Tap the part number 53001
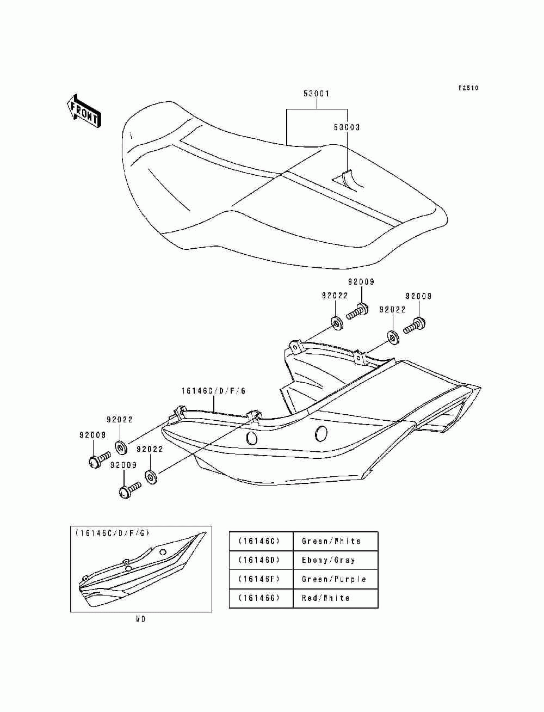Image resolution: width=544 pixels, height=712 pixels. pyautogui.click(x=316, y=94)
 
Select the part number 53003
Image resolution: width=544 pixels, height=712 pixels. pyautogui.click(x=347, y=127)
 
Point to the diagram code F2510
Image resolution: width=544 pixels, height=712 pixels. pyautogui.click(x=468, y=88)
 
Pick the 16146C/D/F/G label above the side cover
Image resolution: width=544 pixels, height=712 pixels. pyautogui.click(x=213, y=391)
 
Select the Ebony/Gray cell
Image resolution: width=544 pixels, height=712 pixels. pyautogui.click(x=328, y=560)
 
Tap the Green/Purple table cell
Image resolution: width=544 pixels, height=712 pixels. pyautogui.click(x=333, y=579)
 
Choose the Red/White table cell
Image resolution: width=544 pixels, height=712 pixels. pyautogui.click(x=325, y=598)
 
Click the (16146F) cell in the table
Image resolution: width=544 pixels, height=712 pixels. pyautogui.click(x=259, y=579)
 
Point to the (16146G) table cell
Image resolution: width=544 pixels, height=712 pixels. pyautogui.click(x=259, y=598)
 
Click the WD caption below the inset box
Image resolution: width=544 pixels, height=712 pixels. pyautogui.click(x=140, y=619)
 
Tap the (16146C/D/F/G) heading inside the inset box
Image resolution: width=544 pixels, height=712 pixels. pyautogui.click(x=113, y=533)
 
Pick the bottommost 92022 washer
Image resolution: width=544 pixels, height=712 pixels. pyautogui.click(x=151, y=477)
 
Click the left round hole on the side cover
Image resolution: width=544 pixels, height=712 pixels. pyautogui.click(x=252, y=438)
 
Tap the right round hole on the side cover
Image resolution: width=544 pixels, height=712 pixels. pyautogui.click(x=321, y=433)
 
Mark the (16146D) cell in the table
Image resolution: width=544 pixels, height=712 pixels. pyautogui.click(x=259, y=560)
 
